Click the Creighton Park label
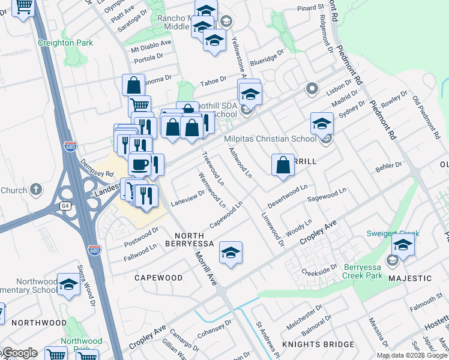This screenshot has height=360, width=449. pos(65,43)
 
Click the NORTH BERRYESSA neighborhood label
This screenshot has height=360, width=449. pos(202,239)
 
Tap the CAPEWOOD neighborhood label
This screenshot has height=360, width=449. pos(158,278)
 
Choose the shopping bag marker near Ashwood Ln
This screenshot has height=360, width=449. pos(283,164)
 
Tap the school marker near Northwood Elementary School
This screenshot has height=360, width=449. pos(69,284)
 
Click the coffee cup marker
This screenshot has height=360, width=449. pos(139,163)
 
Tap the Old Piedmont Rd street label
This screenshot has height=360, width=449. pos(425,115)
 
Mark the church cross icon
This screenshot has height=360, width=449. pos(36,190)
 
